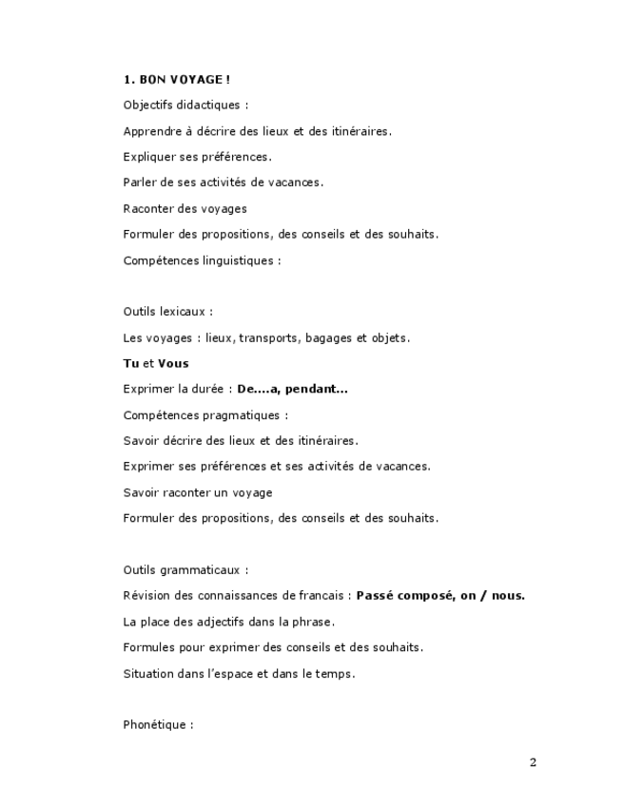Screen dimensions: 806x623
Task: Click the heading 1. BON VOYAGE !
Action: coord(177,80)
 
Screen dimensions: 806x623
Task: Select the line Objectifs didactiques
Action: coord(185,106)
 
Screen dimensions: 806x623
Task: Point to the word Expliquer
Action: coord(149,157)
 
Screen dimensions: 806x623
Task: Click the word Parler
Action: coord(140,182)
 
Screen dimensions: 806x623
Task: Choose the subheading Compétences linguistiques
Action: coord(202,260)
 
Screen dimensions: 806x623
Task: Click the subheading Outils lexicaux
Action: coord(167,312)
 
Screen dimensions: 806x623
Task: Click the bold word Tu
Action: coord(131,363)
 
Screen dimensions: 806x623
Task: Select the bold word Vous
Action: coord(173,363)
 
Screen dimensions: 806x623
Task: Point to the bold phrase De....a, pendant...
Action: coord(292,389)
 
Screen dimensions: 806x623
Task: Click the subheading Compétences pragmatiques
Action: coord(205,415)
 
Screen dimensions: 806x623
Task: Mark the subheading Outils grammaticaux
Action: coord(185,570)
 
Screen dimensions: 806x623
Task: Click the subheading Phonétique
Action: coord(158,725)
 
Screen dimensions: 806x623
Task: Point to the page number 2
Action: coord(533,762)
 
